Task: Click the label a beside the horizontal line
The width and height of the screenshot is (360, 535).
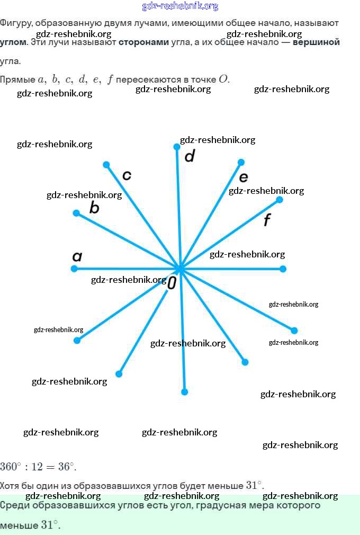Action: (x=77, y=257)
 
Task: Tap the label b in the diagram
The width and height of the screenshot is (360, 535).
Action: (x=94, y=208)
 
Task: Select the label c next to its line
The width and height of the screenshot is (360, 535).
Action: (x=127, y=175)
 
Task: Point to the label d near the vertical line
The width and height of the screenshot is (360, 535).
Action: (x=190, y=156)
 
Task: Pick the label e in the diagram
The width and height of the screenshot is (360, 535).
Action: (x=244, y=177)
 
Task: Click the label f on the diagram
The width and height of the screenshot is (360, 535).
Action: (x=267, y=220)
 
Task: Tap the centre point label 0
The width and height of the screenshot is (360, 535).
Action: (x=172, y=283)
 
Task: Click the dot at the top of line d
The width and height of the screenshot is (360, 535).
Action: (x=177, y=147)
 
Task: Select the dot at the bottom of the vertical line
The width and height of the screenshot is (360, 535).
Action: (x=184, y=392)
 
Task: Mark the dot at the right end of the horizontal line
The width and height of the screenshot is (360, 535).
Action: (x=283, y=269)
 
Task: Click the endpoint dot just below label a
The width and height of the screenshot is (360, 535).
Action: (x=74, y=269)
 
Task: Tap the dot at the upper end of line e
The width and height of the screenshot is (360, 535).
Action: (x=241, y=162)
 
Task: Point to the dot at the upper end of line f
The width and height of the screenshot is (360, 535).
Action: (x=280, y=200)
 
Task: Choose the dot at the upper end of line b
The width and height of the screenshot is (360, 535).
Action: (x=76, y=213)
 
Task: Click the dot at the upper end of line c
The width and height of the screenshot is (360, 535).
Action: (x=106, y=165)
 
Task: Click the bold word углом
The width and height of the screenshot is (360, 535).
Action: (x=13, y=42)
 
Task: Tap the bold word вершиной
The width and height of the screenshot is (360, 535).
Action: (x=316, y=42)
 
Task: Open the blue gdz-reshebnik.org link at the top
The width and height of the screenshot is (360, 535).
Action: (x=180, y=6)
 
